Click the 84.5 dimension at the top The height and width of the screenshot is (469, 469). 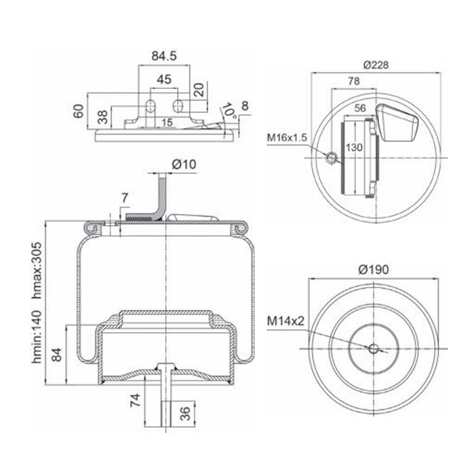pos(164,56)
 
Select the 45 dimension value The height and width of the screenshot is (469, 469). pos(164,79)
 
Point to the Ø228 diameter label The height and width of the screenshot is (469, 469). pos(376,65)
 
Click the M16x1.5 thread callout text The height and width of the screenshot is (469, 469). pos(287,137)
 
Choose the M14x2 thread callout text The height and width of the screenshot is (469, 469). pos(285,321)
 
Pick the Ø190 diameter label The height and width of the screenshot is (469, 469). pos(374,269)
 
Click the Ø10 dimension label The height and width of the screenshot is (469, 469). pos(184,164)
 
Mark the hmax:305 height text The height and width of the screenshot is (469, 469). pos(37,271)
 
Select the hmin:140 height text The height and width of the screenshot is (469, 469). pos(37,337)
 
